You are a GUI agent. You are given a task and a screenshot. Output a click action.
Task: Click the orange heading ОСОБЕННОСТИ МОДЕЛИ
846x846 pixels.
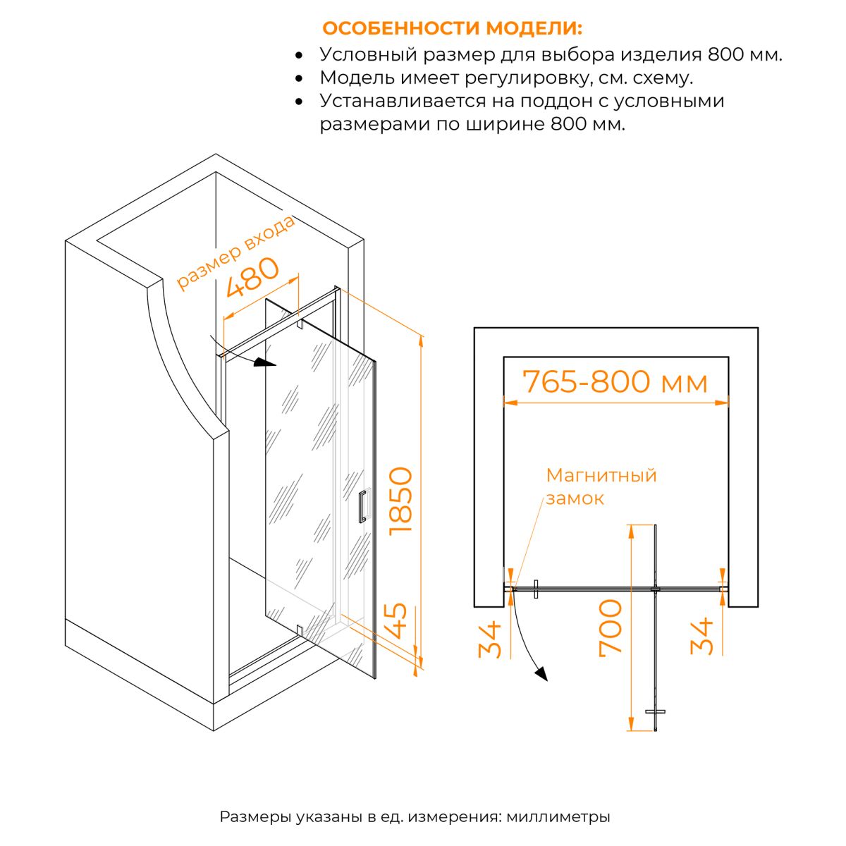[x=452, y=28]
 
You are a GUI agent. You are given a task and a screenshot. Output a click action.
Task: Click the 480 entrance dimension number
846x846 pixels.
[x=252, y=277]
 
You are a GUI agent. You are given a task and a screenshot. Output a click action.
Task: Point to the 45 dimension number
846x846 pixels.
[x=398, y=621]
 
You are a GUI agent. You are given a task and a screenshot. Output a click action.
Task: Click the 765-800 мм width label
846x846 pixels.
[x=615, y=381]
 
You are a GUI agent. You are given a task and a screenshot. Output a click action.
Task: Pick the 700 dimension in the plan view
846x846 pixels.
[x=611, y=628]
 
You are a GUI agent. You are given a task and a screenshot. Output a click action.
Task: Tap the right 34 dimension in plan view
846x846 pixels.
[x=701, y=636]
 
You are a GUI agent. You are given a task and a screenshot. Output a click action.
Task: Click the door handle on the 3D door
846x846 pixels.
[x=362, y=506]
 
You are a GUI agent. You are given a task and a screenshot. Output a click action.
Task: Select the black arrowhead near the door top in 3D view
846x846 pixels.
[x=266, y=362]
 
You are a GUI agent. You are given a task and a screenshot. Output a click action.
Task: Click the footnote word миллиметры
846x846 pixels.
[x=558, y=817]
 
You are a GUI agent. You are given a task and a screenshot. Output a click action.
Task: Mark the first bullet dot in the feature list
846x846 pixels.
[x=299, y=55]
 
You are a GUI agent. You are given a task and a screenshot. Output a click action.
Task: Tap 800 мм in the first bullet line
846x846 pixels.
[x=745, y=54]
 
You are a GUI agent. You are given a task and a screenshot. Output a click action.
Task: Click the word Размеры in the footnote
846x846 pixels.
[x=255, y=817]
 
